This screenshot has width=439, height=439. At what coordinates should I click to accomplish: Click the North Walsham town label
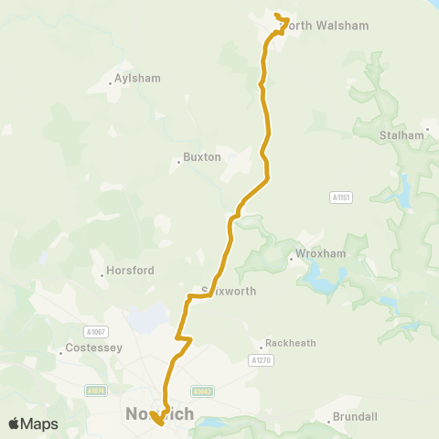324,26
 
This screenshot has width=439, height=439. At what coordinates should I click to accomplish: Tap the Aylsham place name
137,79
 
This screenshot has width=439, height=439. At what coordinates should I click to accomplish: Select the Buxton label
202,157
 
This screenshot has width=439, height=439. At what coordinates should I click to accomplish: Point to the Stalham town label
402,135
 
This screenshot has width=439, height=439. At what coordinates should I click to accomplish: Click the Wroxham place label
317,253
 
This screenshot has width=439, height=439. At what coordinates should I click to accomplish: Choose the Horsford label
130,271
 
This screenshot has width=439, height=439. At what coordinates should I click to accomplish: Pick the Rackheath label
290,344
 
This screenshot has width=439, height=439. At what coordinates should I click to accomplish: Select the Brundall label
356,417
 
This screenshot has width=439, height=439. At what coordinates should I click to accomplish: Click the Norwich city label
158,414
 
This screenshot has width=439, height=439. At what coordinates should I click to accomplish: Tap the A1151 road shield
341,198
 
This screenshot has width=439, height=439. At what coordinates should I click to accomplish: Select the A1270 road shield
261,361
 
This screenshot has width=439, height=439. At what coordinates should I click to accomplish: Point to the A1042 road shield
203,391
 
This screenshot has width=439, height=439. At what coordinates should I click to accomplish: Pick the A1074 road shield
96,391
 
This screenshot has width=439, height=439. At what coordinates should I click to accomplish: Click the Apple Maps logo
34,423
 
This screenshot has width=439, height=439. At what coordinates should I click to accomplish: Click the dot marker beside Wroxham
291,258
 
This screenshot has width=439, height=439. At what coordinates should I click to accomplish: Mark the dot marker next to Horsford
102,275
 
